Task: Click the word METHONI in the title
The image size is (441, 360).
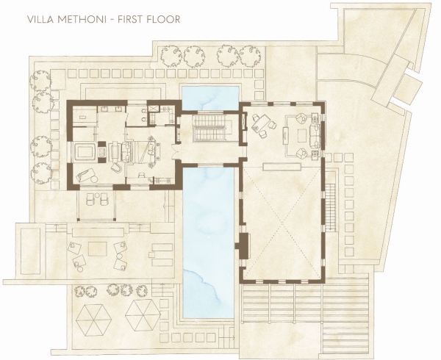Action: coord(82,19)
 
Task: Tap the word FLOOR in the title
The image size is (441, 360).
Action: coord(164,19)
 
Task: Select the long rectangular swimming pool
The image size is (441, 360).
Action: coord(209,242)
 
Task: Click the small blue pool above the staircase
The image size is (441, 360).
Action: coord(210,98)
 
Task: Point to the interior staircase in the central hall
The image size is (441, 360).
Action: coord(211,127)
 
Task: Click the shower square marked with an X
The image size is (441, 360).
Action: coord(154,109)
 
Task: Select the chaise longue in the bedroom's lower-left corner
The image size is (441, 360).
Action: coord(87,176)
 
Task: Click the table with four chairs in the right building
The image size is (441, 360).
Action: coord(261,123)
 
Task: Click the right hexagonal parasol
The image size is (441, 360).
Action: coord(143,314)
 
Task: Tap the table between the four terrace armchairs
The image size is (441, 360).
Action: coord(98,249)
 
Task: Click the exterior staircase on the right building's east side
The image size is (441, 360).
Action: coord(331,207)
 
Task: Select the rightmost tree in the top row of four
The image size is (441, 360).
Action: coord(250,57)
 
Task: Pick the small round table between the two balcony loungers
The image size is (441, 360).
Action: coord(97,195)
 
